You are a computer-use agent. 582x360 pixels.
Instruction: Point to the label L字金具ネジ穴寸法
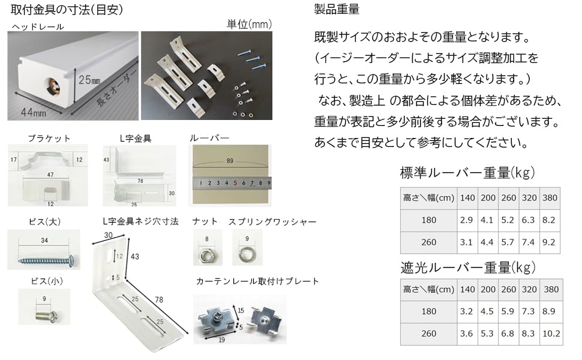coord(141,221)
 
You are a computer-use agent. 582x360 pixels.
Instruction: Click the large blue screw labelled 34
coord(46,259)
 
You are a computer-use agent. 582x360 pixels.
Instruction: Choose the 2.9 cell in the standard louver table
coord(466,220)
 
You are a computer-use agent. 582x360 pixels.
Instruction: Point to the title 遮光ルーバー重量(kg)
coord(467,267)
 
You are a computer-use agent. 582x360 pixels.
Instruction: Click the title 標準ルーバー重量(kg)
coord(467,173)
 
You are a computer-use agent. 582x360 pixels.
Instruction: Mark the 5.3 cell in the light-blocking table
coord(487,334)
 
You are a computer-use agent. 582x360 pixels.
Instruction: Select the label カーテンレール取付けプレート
coord(257,281)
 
